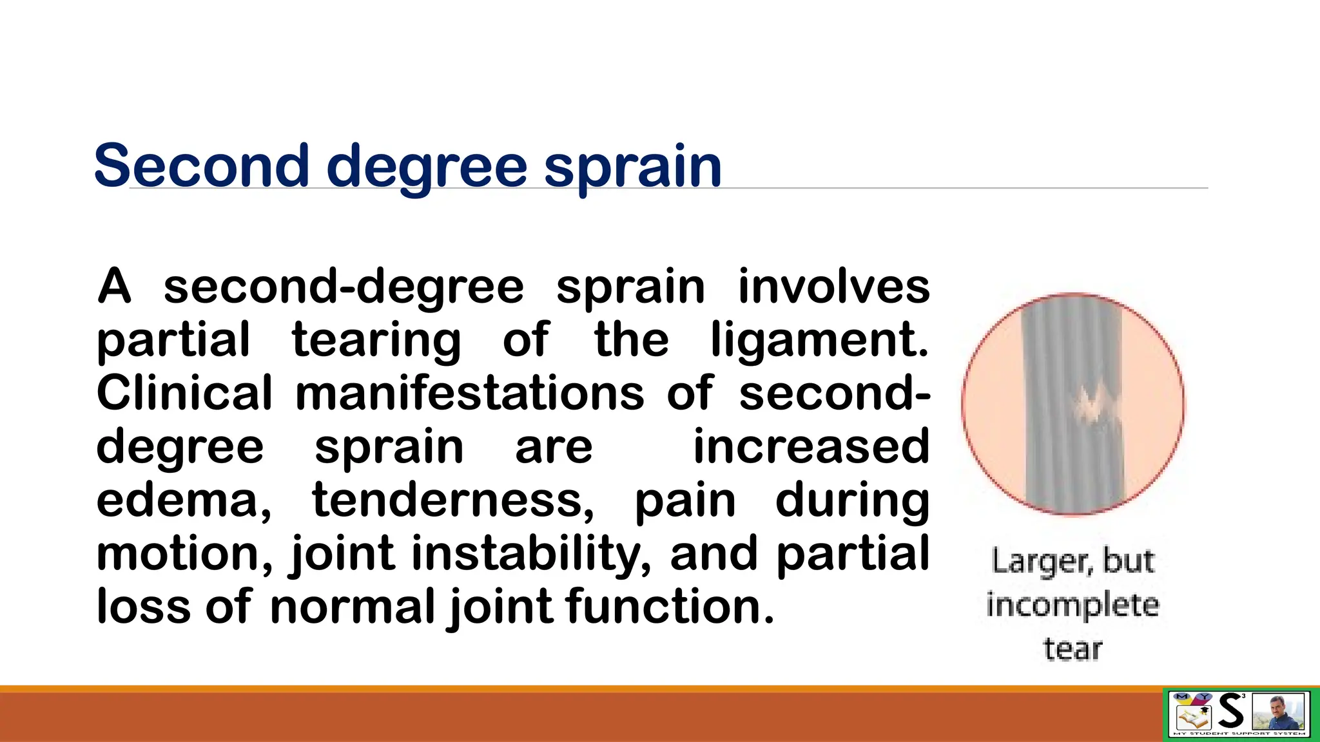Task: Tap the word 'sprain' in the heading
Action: coord(633,167)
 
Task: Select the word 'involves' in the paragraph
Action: coord(833,287)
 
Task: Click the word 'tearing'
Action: coord(376,341)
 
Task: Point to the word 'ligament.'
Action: coord(819,341)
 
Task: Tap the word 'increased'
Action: coord(811,446)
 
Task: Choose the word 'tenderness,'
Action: coord(453,500)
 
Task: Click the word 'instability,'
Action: coord(531,555)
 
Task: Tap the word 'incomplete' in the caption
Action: coord(1072,605)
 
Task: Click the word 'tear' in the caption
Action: coord(1072,649)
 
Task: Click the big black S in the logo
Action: coord(1231,712)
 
